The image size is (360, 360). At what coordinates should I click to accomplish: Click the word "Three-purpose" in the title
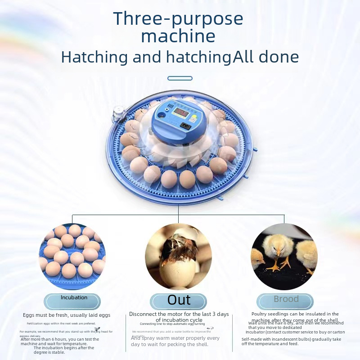tap(178, 19)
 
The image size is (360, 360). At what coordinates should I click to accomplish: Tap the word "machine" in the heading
tap(178, 36)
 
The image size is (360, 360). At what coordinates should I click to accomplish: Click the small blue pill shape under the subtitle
tap(180, 78)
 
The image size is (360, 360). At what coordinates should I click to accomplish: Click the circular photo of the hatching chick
tap(178, 256)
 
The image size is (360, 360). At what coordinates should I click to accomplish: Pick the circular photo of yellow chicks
tap(284, 256)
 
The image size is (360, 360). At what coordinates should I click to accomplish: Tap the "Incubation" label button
tap(74, 298)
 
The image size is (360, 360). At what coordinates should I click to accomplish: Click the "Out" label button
tap(179, 300)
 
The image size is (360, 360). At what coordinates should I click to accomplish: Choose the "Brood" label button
tap(286, 299)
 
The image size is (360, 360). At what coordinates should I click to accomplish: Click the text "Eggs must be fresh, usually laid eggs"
tap(67, 315)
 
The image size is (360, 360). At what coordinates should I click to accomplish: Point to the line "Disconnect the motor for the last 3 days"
tap(179, 314)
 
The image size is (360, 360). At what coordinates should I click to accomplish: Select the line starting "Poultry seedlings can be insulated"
tap(295, 314)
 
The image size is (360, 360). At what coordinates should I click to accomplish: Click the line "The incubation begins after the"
tap(64, 348)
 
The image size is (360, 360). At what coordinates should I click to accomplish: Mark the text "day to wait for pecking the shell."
tap(170, 345)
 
